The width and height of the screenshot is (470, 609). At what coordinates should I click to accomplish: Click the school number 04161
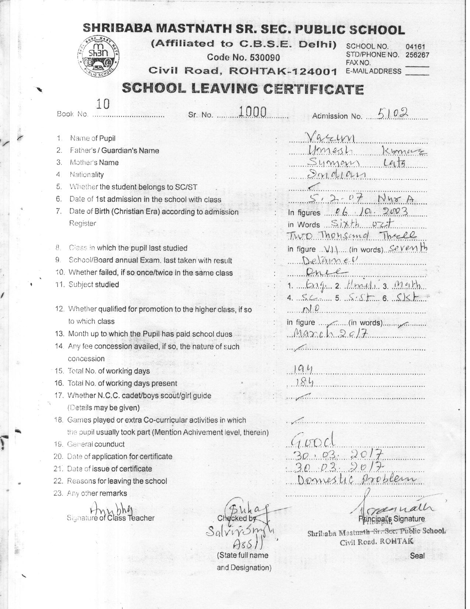(415, 47)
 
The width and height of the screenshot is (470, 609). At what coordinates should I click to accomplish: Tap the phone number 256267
(417, 55)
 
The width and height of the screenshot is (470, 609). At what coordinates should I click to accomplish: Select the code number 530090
(265, 57)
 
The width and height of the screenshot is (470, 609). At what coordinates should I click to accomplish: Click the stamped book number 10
(102, 104)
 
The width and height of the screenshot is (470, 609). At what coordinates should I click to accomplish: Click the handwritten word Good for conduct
(313, 439)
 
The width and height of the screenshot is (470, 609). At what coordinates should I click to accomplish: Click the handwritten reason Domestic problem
(356, 479)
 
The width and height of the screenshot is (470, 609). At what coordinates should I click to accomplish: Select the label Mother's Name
(94, 162)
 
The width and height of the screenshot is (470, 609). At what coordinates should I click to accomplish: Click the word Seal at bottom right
(417, 555)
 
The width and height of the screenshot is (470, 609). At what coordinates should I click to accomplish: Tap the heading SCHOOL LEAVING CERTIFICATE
(243, 89)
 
